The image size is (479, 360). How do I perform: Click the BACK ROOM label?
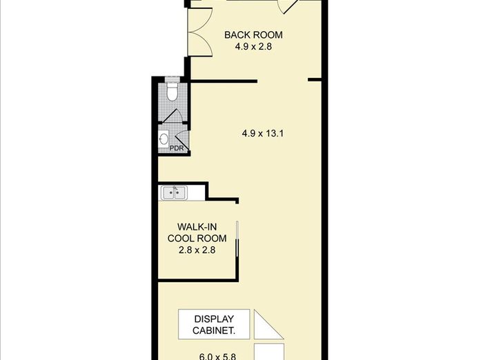click(x=253, y=34)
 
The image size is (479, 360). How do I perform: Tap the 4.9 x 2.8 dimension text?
click(x=253, y=47)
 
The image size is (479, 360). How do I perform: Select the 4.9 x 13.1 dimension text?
click(x=263, y=133)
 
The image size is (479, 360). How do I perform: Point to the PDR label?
click(x=177, y=148)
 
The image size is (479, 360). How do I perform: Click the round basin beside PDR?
click(x=164, y=139)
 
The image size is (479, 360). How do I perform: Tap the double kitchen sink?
click(x=174, y=193)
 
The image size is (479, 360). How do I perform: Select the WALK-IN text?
click(x=197, y=227)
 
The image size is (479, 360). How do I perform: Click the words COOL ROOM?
click(x=197, y=239)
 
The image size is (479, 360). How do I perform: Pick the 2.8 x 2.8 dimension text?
click(x=197, y=250)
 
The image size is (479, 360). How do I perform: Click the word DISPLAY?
click(x=214, y=319)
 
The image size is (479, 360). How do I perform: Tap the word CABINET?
click(x=214, y=330)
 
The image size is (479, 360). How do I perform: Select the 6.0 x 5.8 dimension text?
click(x=217, y=357)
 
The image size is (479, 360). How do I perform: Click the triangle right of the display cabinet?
click(x=264, y=329)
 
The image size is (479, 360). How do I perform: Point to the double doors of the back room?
click(x=200, y=32)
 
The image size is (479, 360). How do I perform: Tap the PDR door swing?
click(x=183, y=141)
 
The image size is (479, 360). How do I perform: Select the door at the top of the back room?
click(x=289, y=6)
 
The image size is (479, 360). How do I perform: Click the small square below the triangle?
click(x=269, y=352)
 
